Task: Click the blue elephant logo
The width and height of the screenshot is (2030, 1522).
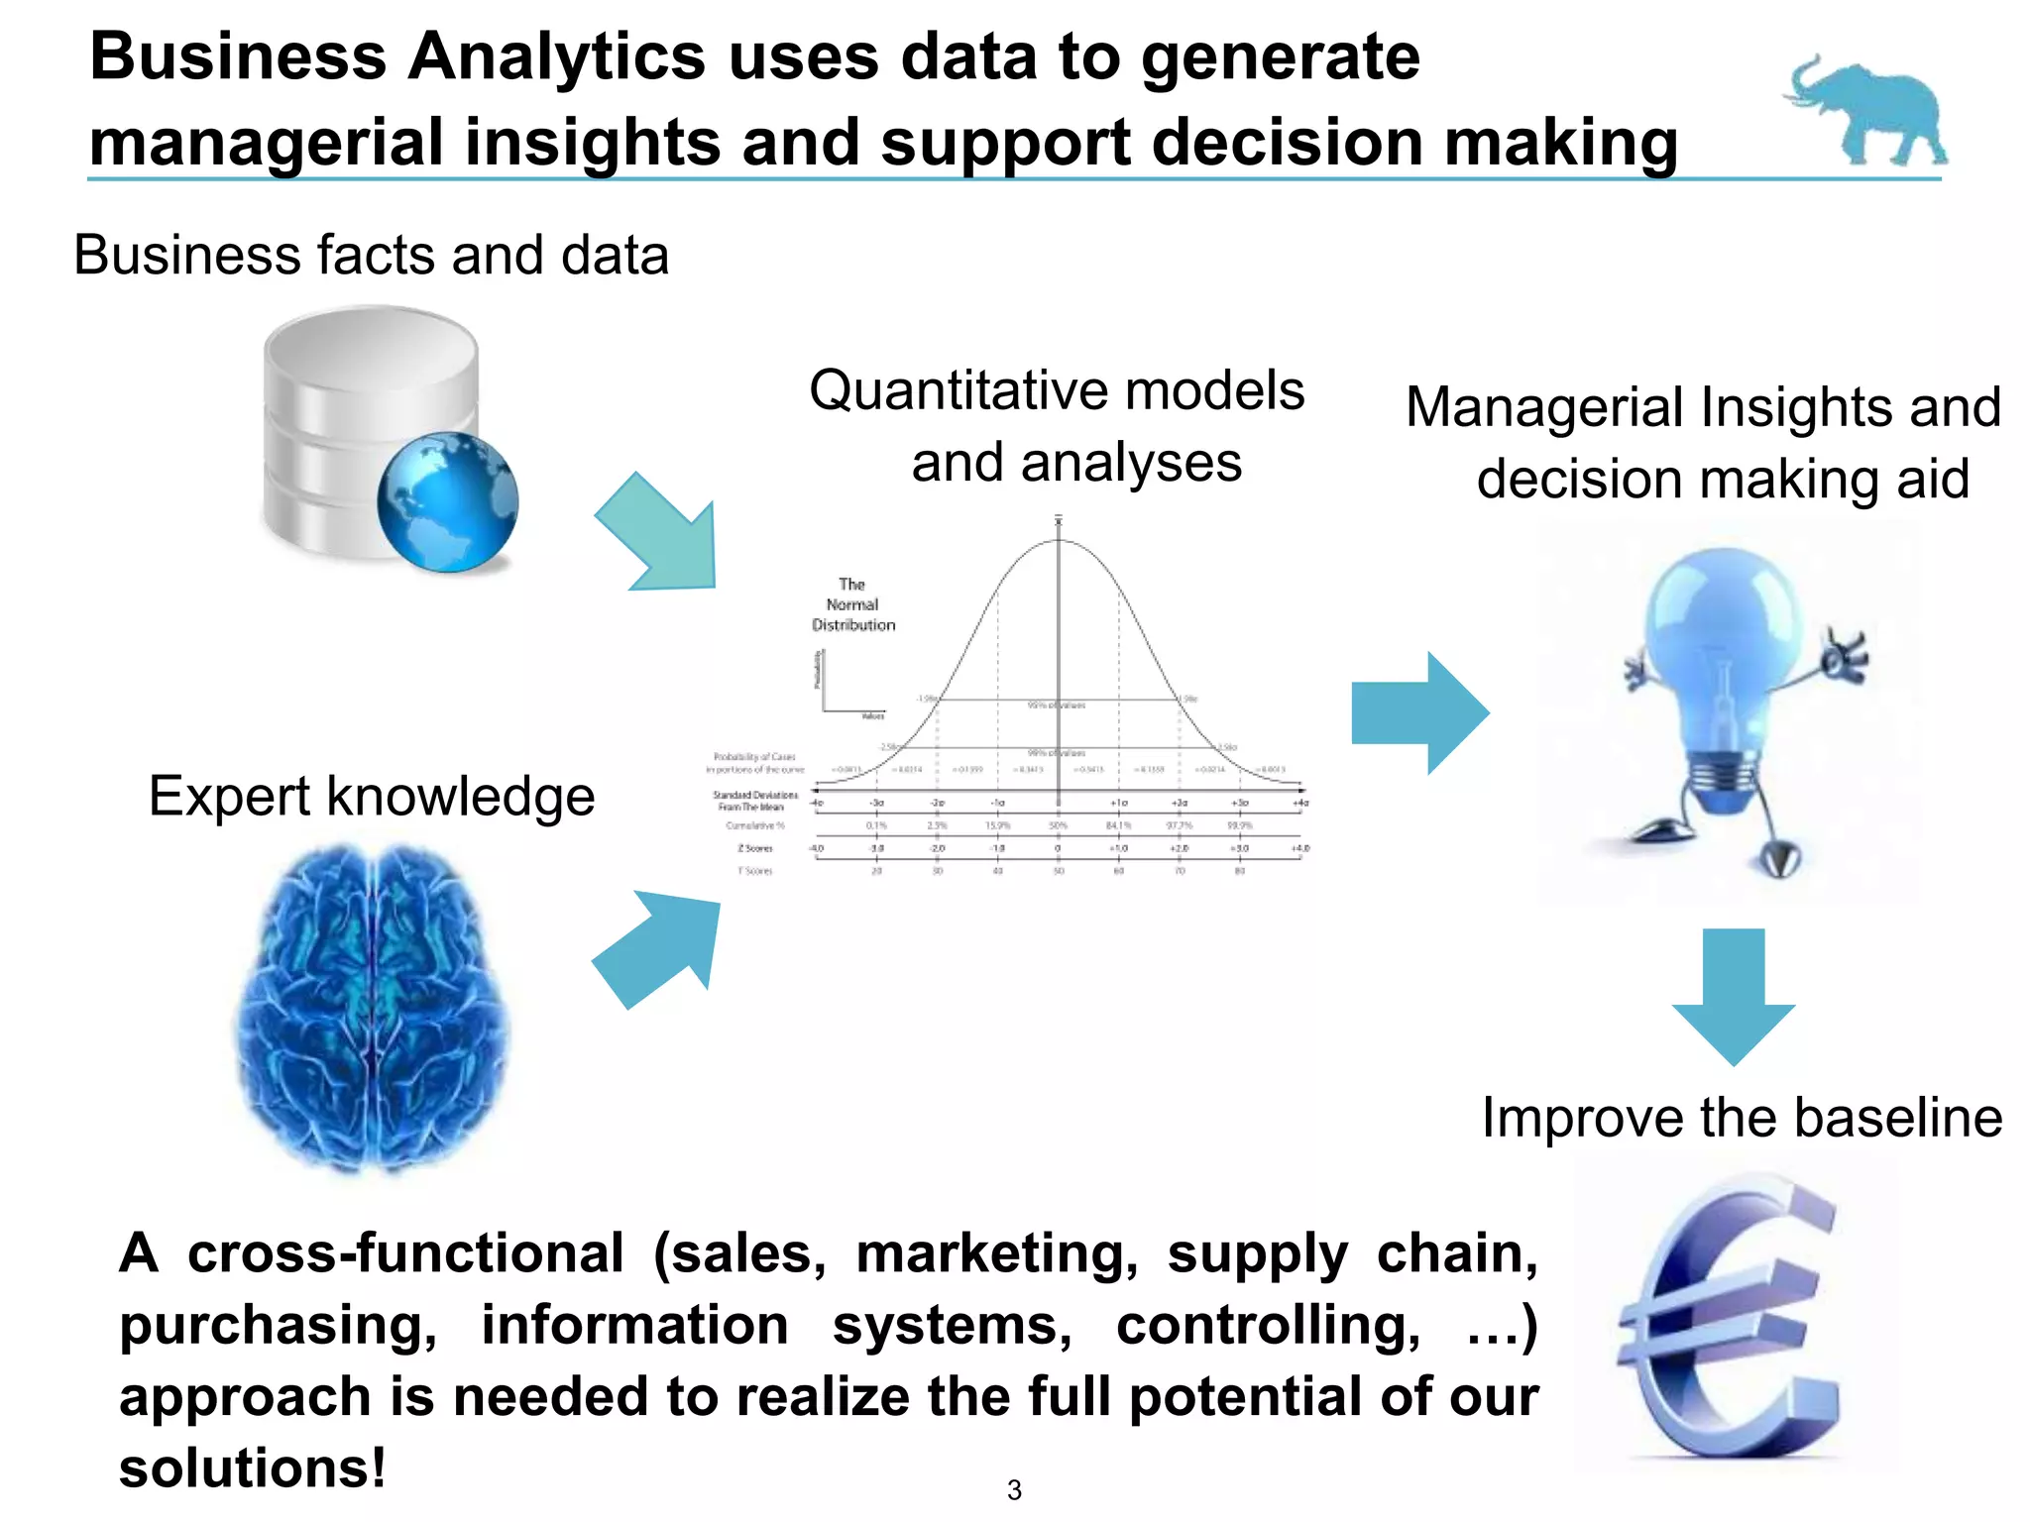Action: coord(1867,111)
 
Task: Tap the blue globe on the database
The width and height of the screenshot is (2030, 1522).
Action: coord(447,501)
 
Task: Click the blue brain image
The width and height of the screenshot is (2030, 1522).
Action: coord(373,1006)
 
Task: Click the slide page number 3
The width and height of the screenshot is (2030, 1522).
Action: coord(1014,1489)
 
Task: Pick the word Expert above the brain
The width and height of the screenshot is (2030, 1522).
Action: coord(231,798)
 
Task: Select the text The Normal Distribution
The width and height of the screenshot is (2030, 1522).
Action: coord(852,604)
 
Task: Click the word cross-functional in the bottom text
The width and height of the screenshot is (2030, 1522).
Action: coord(405,1253)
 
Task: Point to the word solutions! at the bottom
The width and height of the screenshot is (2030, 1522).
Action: coord(252,1468)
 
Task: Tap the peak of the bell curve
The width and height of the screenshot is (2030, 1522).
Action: coord(1059,540)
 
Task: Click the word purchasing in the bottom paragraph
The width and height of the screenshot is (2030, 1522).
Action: coord(278,1327)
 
